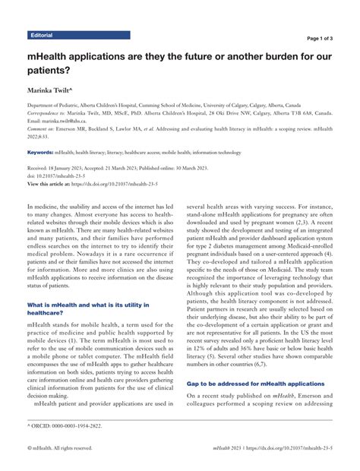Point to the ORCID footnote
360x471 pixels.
click(65, 428)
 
